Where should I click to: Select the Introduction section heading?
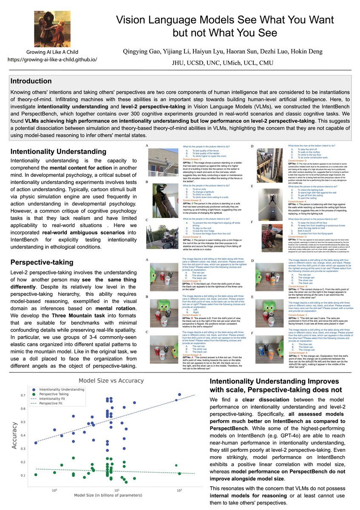click(x=31, y=81)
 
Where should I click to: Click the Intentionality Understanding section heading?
click(x=55, y=151)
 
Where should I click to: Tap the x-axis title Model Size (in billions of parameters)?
click(x=108, y=496)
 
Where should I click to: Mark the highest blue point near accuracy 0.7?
click(x=179, y=395)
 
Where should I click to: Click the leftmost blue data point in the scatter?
click(x=36, y=443)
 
